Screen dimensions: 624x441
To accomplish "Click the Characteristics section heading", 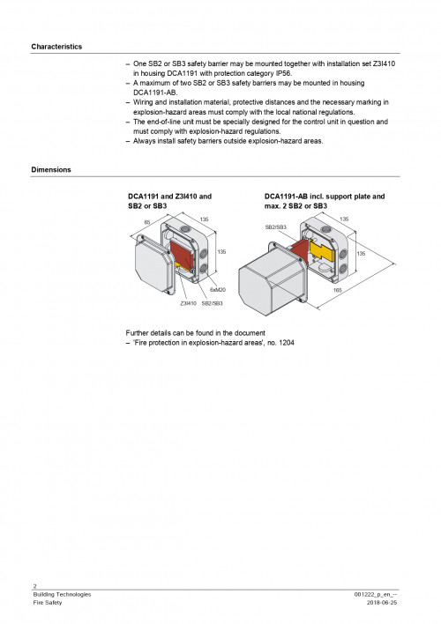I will point(56,45).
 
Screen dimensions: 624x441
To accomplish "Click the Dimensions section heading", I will point(51,168).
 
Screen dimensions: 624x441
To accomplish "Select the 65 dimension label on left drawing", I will point(147,222).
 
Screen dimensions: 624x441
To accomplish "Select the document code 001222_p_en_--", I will point(386,595).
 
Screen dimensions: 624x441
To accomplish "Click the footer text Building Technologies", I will point(62,595).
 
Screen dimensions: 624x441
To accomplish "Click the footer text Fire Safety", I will point(48,604).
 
